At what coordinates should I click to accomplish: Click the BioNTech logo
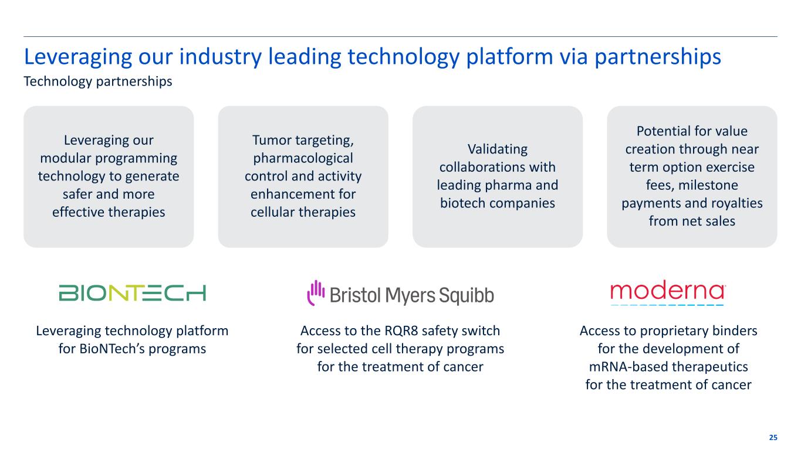(x=132, y=293)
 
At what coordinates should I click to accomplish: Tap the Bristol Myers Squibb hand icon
(x=316, y=292)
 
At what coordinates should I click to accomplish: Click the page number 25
(x=773, y=438)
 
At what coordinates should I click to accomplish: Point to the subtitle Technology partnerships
(x=97, y=81)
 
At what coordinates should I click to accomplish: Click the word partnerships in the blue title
(x=658, y=57)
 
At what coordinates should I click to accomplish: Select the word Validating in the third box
(x=498, y=149)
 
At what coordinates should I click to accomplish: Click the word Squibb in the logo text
(x=467, y=296)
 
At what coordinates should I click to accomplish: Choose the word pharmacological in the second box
(x=303, y=158)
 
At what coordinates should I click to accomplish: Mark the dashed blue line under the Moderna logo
(x=667, y=305)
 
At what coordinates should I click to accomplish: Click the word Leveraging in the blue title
(x=78, y=57)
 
